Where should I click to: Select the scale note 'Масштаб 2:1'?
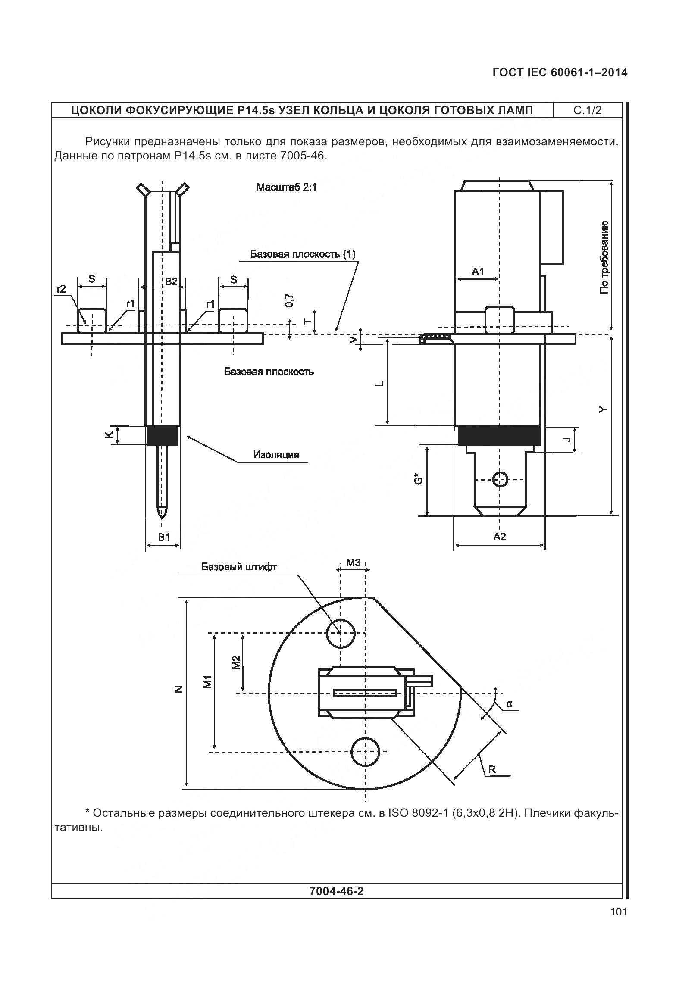click(286, 187)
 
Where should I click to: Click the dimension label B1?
click(164, 537)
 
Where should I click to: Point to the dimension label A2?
click(499, 537)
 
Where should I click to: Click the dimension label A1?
click(478, 272)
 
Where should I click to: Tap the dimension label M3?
click(353, 562)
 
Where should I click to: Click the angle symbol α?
click(509, 704)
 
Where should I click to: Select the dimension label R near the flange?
click(492, 769)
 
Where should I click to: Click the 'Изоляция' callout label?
click(276, 455)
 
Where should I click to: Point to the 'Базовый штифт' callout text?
click(239, 567)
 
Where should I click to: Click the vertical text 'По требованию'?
click(604, 257)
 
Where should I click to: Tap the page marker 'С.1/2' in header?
click(587, 110)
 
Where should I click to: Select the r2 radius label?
click(61, 289)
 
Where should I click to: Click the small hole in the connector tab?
click(500, 479)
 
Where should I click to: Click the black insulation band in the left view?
click(163, 435)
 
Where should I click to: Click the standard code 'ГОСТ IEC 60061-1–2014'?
click(560, 73)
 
